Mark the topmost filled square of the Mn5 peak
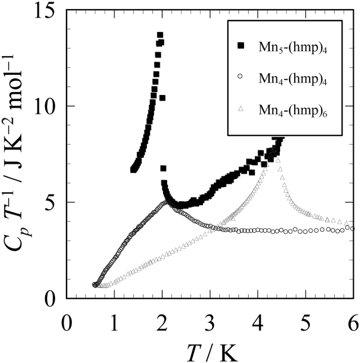click(x=160, y=35)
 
